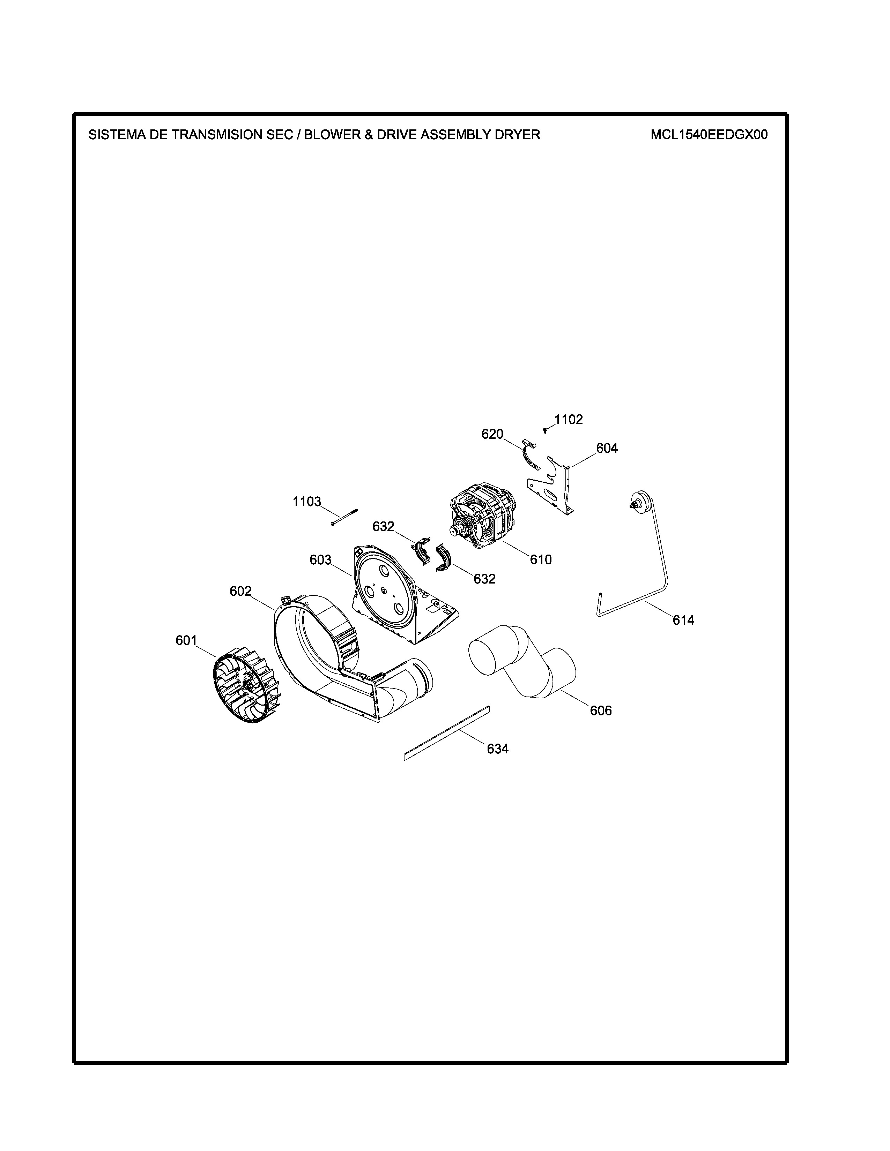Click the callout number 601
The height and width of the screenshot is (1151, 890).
(186, 640)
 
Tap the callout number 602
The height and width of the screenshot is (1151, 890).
(240, 591)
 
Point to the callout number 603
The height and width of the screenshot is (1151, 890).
(320, 560)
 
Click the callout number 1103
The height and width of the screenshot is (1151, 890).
(307, 501)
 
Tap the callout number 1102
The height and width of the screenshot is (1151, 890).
(568, 420)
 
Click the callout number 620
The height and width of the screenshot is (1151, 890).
(492, 434)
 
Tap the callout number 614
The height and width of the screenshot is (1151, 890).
(683, 620)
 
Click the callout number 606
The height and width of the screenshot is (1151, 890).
(601, 711)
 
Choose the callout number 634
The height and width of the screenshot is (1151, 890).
(498, 749)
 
